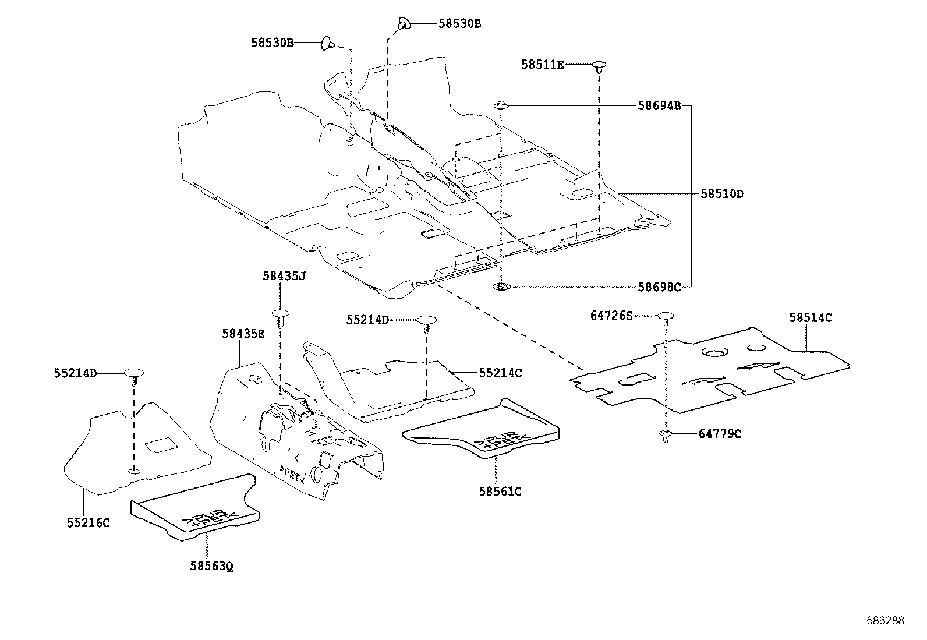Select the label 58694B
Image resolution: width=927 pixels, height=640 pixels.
659,106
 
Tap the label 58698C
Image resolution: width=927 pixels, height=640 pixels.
659,287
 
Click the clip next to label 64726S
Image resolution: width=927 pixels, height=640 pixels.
666,317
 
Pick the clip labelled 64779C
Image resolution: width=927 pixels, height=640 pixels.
666,435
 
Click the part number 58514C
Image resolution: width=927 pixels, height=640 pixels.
811,318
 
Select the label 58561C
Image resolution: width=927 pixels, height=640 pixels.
500,492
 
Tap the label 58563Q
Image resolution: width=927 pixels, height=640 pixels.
211,565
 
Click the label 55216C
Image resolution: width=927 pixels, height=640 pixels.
89,522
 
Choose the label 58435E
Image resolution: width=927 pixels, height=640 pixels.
243,334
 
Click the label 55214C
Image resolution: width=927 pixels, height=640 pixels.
501,373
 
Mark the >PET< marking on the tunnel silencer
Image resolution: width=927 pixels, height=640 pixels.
292,474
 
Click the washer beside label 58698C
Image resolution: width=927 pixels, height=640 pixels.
500,287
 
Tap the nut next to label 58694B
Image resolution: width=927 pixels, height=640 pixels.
501,106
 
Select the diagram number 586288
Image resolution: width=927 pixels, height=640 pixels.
884,621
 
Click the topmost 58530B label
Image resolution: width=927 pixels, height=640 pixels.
459,24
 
